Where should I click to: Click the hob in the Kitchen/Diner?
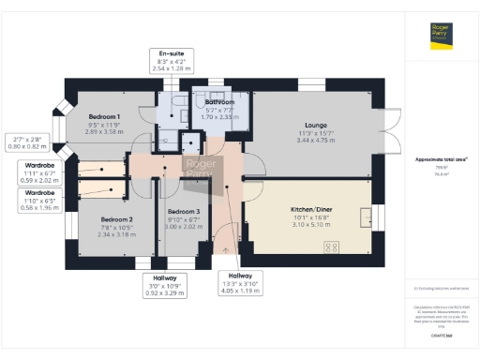333,247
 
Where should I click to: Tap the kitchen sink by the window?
361,219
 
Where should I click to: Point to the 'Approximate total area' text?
442,159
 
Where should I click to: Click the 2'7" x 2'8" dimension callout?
23,142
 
